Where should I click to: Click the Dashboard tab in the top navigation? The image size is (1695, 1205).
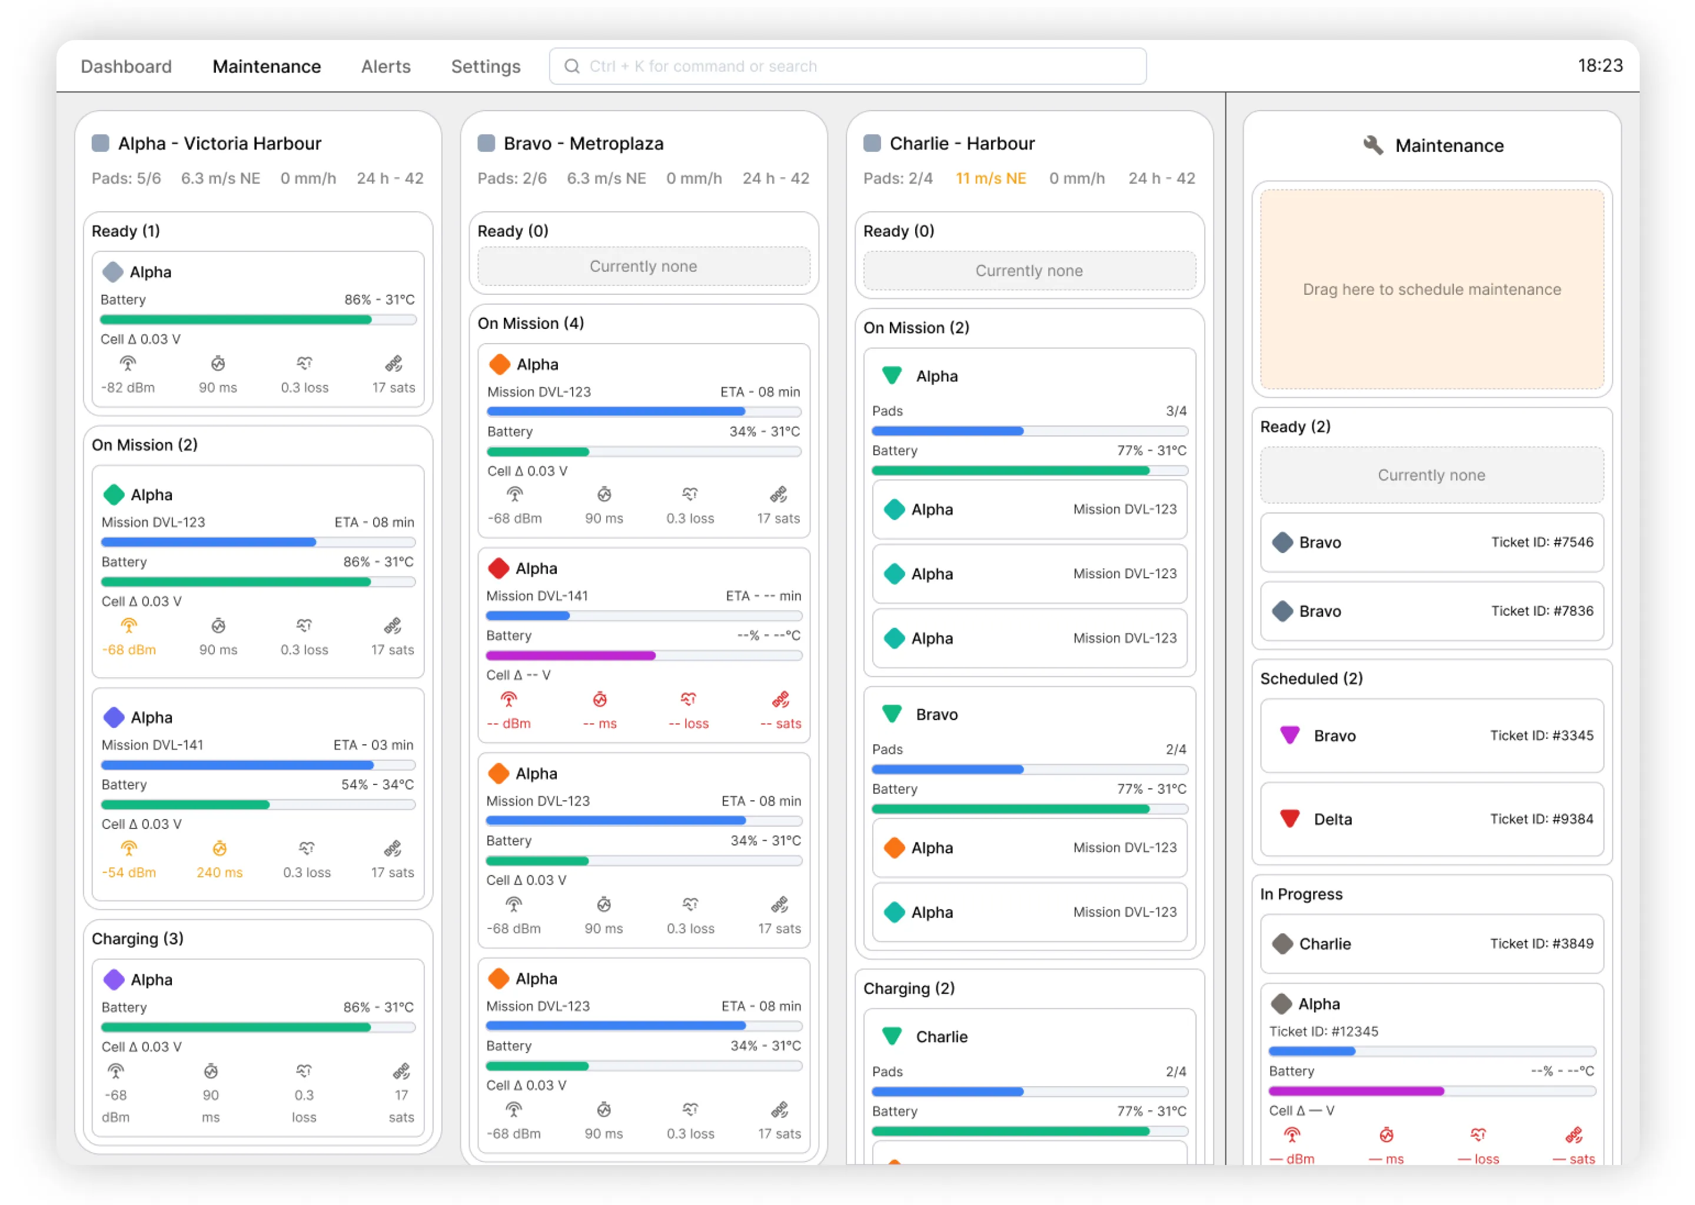[x=125, y=66]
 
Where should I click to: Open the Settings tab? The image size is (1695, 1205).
[x=486, y=66]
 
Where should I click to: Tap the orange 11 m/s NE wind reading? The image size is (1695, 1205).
[x=990, y=179]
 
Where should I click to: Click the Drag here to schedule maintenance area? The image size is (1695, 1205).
[x=1431, y=289]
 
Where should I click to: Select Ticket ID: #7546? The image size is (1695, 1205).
[x=1541, y=542]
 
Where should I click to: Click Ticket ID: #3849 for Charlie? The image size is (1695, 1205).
[x=1541, y=944]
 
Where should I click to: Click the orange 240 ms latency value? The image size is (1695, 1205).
[x=219, y=873]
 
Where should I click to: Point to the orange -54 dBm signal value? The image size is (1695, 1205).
[x=129, y=873]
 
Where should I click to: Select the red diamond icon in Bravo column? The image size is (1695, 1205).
[x=498, y=568]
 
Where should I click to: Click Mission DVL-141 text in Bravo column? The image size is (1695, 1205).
[x=537, y=596]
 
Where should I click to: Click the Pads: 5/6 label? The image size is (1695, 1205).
[x=126, y=179]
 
